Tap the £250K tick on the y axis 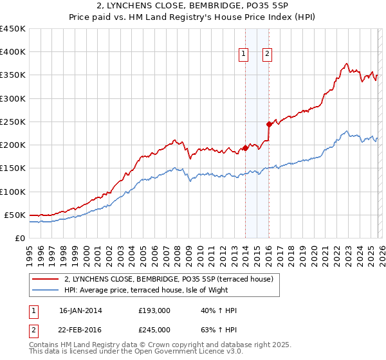click(x=12, y=122)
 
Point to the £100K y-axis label click(x=12, y=192)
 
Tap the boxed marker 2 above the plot click(x=266, y=55)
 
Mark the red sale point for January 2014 click(x=245, y=148)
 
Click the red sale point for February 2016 click(x=269, y=124)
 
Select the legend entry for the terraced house click(x=169, y=279)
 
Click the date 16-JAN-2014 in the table click(x=80, y=310)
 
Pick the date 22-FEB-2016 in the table click(x=80, y=330)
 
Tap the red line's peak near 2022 click(x=346, y=64)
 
